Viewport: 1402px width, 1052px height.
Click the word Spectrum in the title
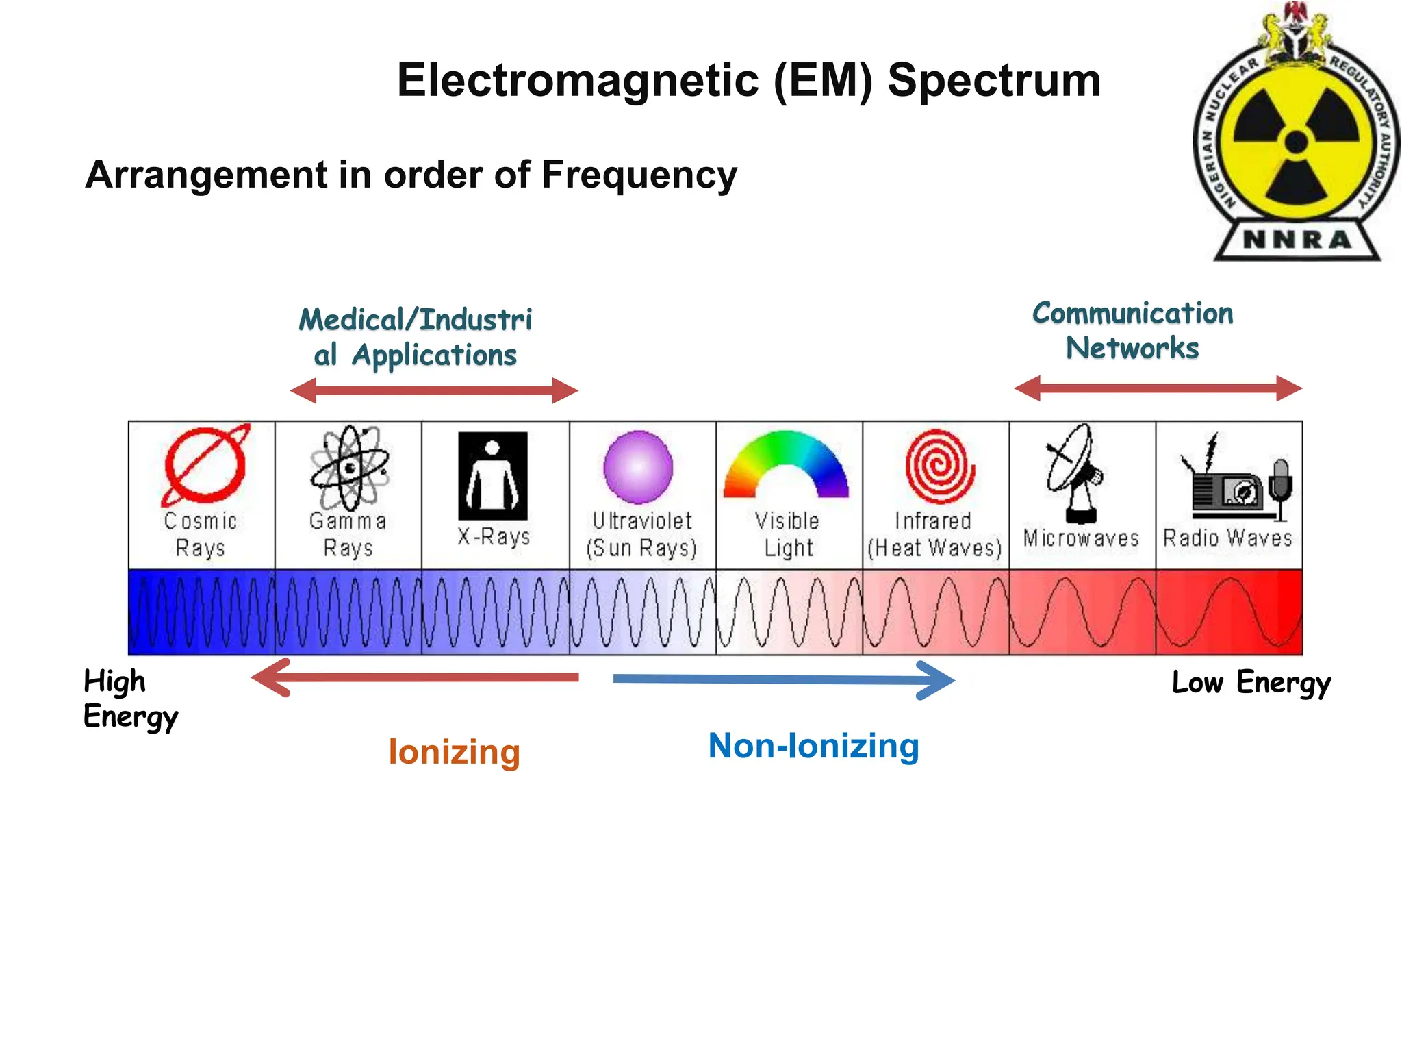tap(993, 81)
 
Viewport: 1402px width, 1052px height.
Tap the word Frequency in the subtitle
tap(639, 175)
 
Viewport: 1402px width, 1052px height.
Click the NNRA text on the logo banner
tap(1297, 240)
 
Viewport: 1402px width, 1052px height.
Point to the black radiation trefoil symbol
tap(1296, 143)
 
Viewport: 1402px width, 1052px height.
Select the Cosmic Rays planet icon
tap(205, 466)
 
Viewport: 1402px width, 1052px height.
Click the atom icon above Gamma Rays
tap(350, 467)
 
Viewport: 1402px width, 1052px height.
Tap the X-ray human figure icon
tap(493, 475)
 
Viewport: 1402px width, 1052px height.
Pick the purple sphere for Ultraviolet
tap(638, 467)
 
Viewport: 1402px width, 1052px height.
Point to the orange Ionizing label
tap(454, 752)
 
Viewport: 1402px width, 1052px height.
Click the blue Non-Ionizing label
tap(813, 746)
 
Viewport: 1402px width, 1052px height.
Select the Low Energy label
tap(1251, 683)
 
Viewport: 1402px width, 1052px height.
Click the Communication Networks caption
tap(1132, 331)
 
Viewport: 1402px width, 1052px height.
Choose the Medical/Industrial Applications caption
tap(416, 338)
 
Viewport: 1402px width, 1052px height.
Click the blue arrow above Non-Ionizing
tap(783, 679)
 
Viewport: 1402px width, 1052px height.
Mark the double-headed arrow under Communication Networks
tap(1158, 388)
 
